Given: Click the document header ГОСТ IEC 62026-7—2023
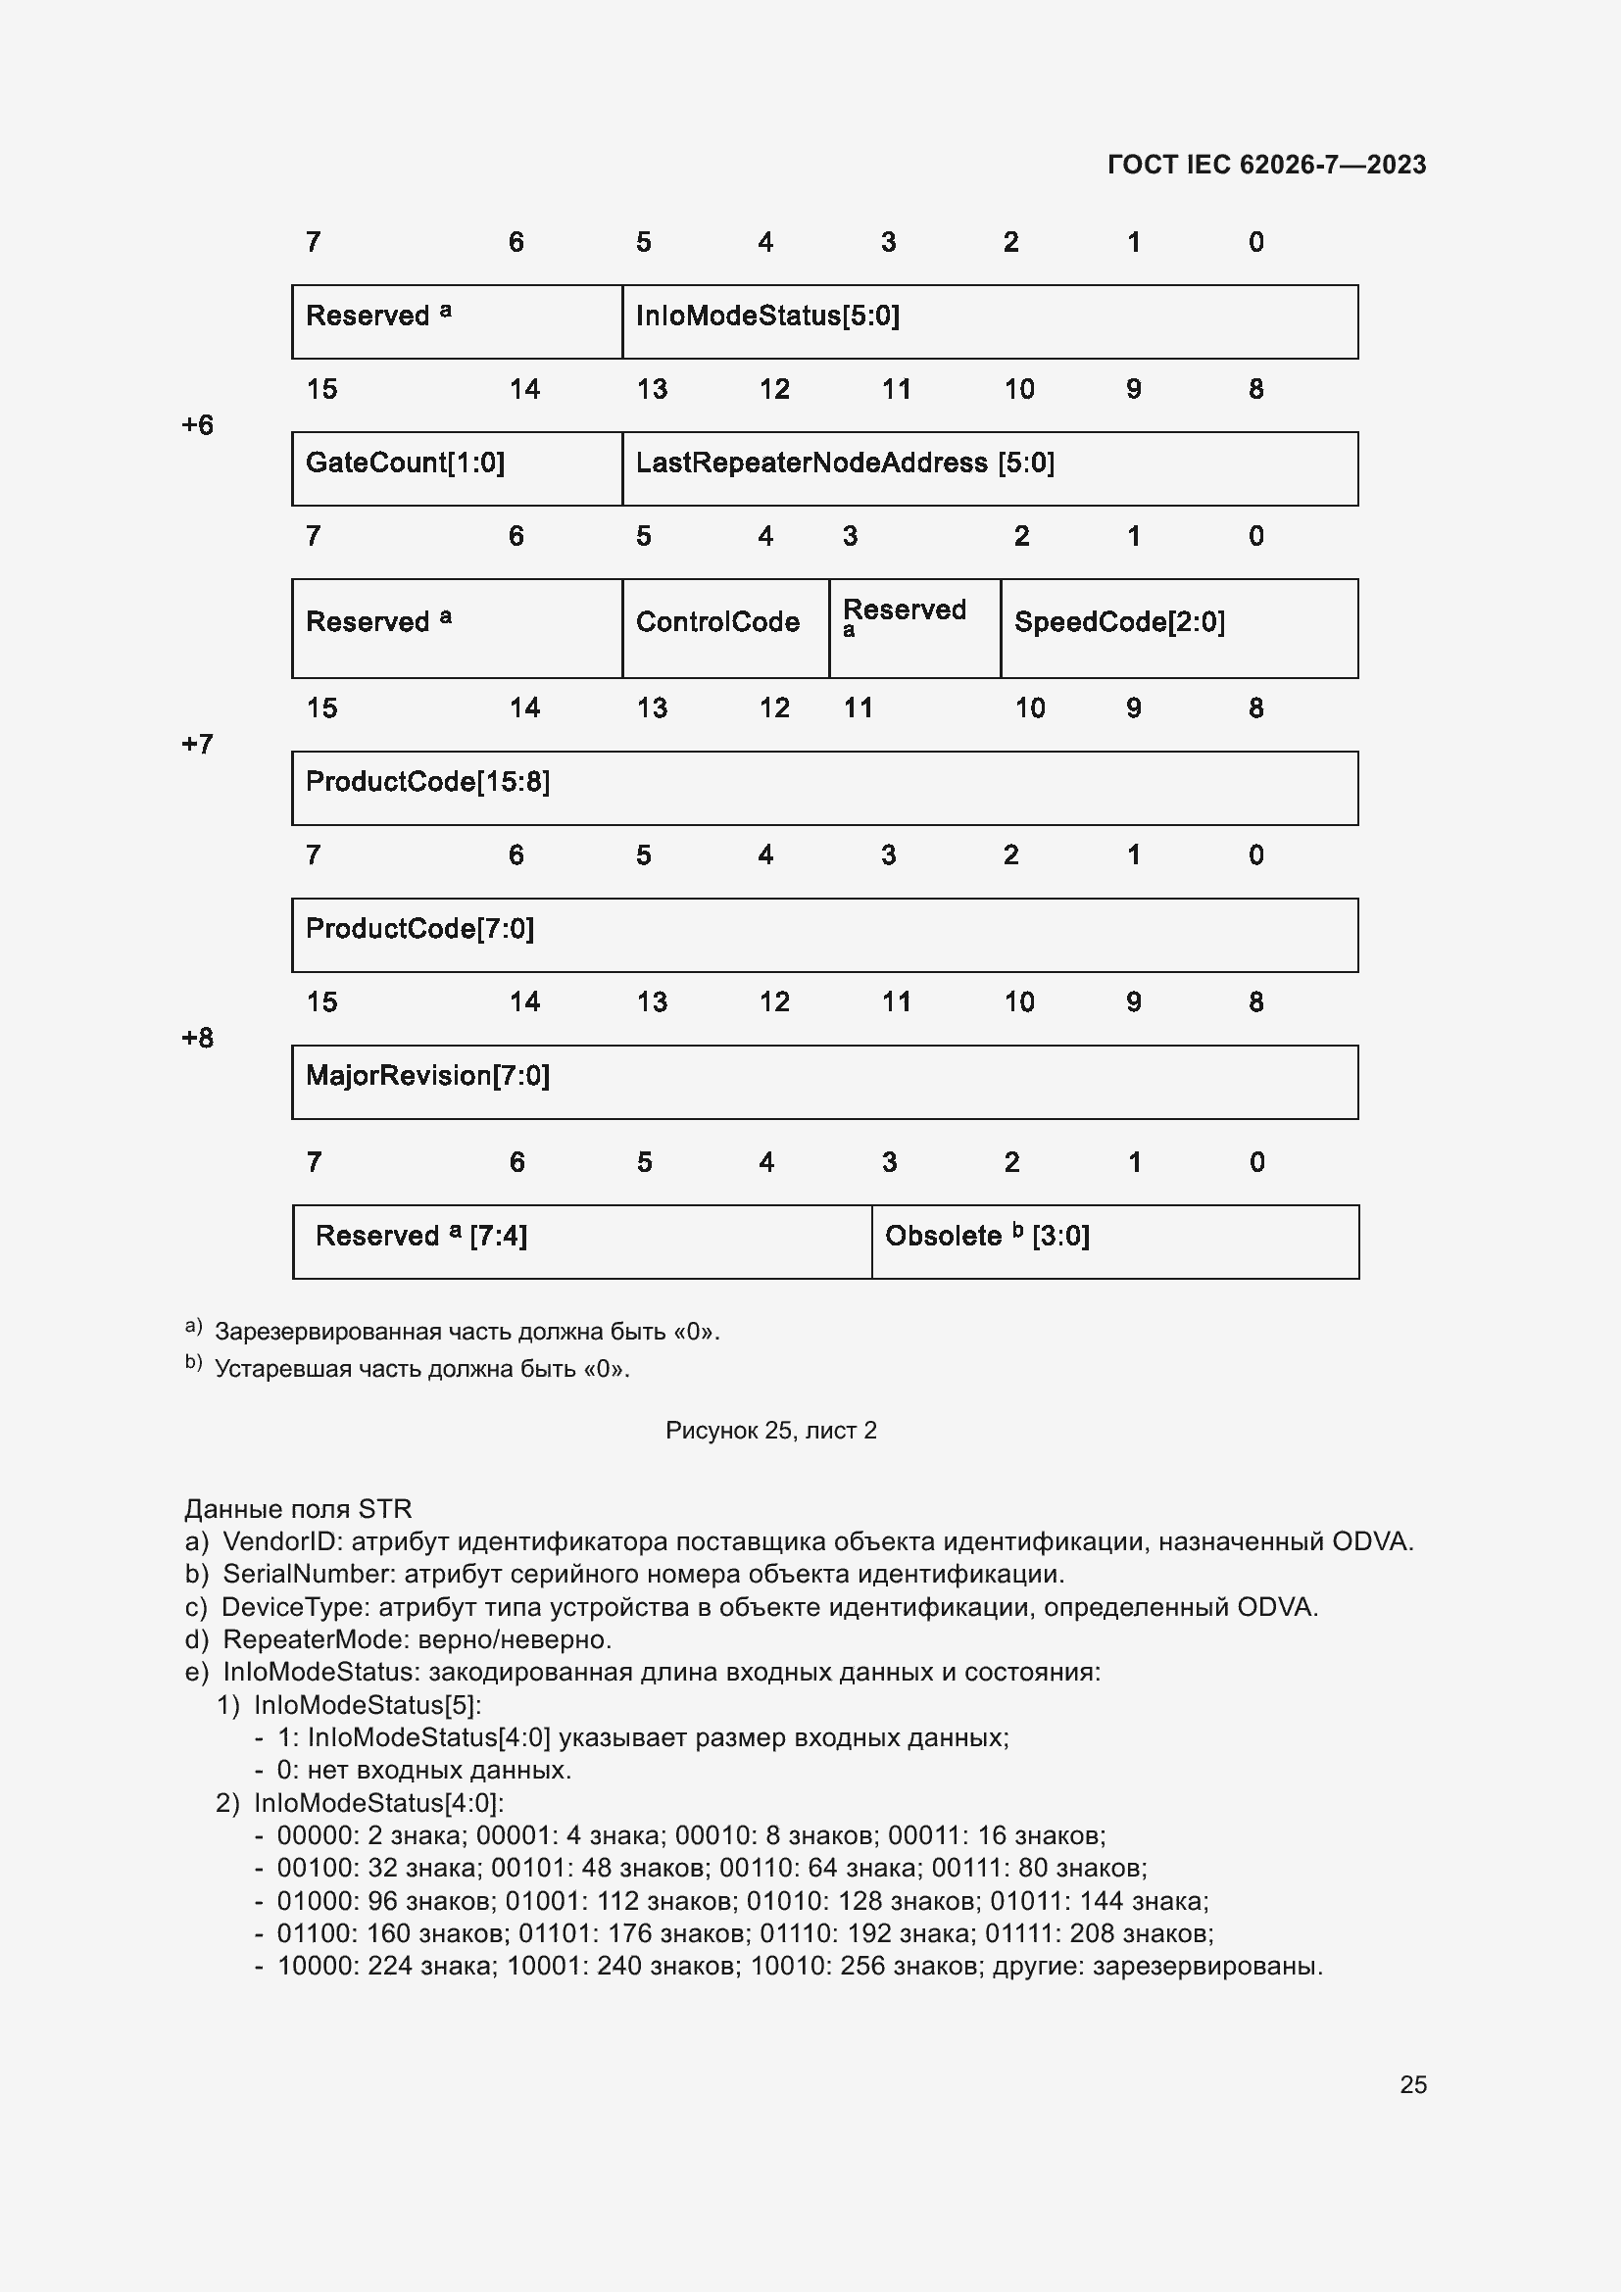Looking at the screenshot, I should click(1265, 165).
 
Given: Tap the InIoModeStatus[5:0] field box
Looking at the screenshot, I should click(988, 321).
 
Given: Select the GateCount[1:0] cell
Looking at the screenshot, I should click(456, 468).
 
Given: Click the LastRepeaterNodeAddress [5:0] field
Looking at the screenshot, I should click(988, 468).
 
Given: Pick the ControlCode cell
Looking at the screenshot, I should click(724, 627).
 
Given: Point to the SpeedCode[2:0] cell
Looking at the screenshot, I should click(1178, 627).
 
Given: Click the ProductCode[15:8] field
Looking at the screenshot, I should click(823, 788).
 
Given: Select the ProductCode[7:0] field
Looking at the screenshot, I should click(823, 935).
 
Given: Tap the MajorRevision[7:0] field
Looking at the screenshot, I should click(823, 1081).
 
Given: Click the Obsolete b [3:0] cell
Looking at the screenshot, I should click(1114, 1241).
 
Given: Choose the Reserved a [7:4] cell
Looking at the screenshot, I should click(581, 1241).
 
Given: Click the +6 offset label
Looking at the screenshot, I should click(198, 425).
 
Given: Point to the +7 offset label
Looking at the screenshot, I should click(198, 744).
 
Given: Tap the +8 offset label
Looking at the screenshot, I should click(198, 1038).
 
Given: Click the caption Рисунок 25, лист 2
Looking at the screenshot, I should click(770, 1431).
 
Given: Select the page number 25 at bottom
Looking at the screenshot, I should click(1412, 2084).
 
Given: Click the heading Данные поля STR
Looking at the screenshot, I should click(298, 1508).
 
